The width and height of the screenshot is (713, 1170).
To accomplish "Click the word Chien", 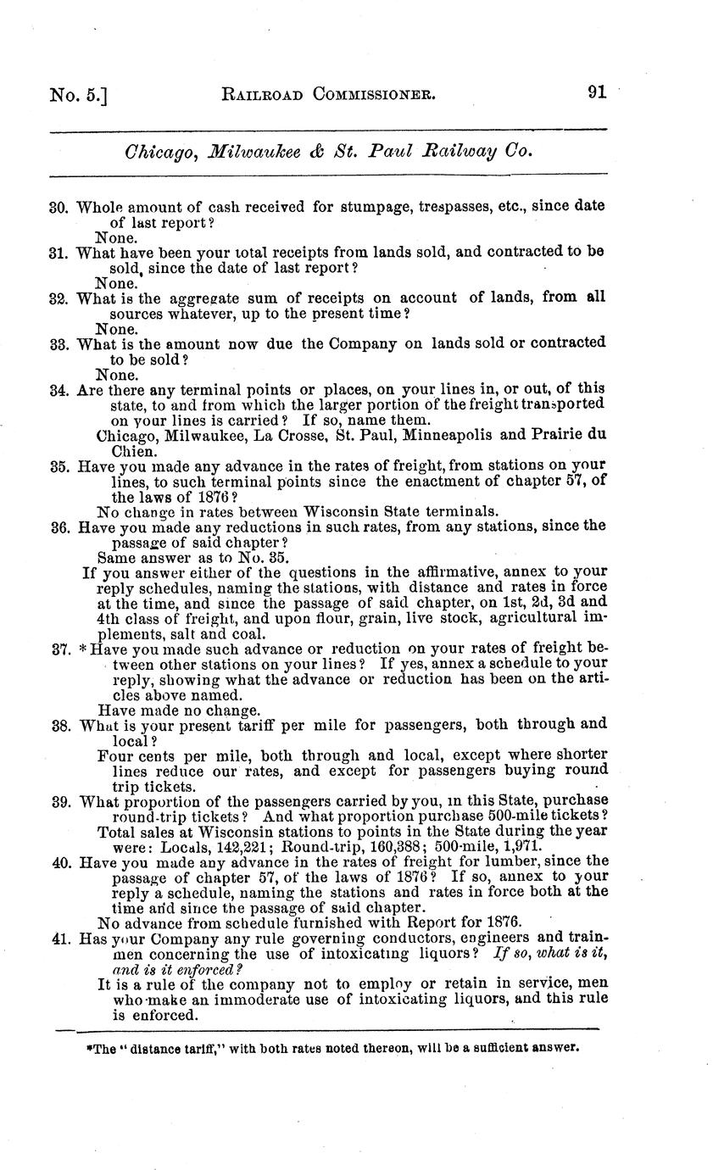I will [133, 451].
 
